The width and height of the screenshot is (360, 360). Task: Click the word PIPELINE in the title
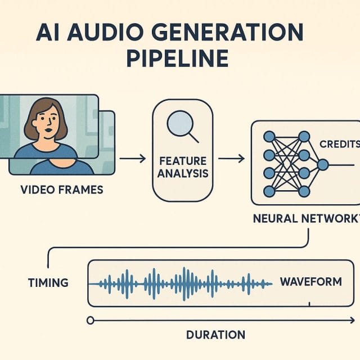point(180,58)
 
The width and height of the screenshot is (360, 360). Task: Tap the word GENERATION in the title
point(233,32)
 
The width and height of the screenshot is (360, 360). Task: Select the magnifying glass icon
point(182,125)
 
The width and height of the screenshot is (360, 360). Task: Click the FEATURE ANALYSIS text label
point(182,167)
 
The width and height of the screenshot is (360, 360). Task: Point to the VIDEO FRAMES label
point(62,190)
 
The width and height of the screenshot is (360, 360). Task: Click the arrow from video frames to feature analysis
point(132,159)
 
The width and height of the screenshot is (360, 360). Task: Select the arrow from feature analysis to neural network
point(231,159)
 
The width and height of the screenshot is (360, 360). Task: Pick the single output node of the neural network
point(322,164)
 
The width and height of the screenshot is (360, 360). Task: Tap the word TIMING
point(48,282)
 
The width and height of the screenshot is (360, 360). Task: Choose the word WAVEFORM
point(310,281)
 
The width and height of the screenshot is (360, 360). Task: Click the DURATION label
point(215,335)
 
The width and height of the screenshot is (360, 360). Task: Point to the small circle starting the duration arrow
point(89,320)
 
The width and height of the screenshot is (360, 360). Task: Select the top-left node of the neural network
point(269,136)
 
